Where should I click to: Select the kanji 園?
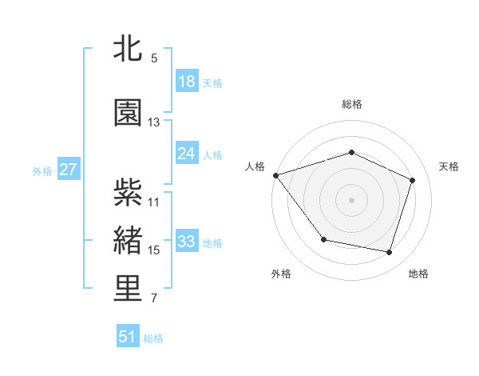[128, 113]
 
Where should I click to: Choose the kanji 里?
[128, 289]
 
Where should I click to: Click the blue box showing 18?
[187, 82]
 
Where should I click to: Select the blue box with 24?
[187, 154]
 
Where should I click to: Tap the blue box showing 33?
[187, 242]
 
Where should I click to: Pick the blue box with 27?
[68, 170]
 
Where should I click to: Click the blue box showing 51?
[128, 337]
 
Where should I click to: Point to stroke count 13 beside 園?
[154, 122]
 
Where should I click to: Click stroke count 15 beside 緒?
[154, 250]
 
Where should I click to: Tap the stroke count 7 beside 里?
[154, 298]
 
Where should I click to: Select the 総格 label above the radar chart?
[352, 104]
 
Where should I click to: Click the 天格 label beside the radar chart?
[449, 166]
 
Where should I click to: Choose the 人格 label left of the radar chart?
[255, 166]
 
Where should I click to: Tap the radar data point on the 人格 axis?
[275, 175]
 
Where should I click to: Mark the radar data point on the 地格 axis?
[389, 252]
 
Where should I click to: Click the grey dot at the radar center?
[351, 199]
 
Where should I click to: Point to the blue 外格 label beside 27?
[42, 170]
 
